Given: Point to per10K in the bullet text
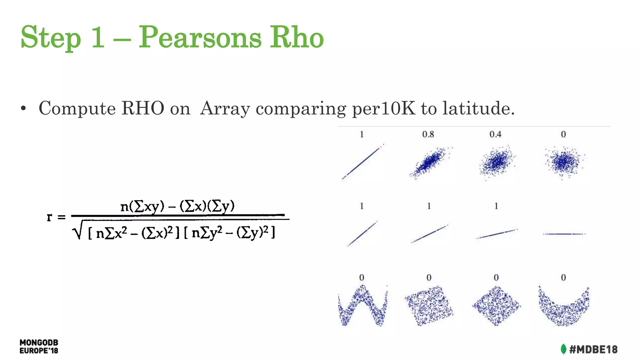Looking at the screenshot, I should click(x=384, y=109).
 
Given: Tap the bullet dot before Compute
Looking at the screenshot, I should click(x=23, y=109).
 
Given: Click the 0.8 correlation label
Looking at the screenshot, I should click(x=428, y=134).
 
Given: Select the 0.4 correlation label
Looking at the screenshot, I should click(x=495, y=134).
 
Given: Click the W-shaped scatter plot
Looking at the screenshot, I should click(x=362, y=306).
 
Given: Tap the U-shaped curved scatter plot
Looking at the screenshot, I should click(x=563, y=308).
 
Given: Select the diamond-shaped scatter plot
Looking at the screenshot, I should click(x=496, y=306).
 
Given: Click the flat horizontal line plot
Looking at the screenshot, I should click(x=564, y=234).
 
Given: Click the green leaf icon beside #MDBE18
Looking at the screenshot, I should click(x=563, y=349).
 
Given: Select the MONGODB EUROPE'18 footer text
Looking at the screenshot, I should click(x=39, y=347).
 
